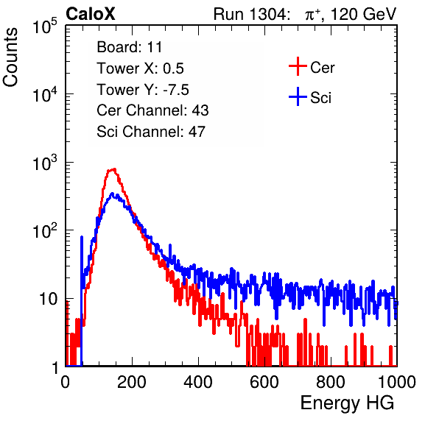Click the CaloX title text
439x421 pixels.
(x=91, y=13)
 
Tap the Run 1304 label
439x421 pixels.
(x=250, y=14)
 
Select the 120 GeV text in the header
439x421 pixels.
(x=363, y=14)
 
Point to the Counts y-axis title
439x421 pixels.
(x=10, y=57)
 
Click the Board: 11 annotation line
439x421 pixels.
(x=130, y=47)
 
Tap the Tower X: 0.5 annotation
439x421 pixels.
(x=140, y=68)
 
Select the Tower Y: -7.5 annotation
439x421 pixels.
(x=143, y=90)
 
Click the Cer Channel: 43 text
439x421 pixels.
(x=152, y=110)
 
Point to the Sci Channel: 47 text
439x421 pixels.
(x=151, y=132)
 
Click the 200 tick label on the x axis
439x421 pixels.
(x=132, y=382)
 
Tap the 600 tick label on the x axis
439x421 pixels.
(x=264, y=382)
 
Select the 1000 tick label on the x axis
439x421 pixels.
(x=397, y=382)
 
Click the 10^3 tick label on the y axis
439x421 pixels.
(x=44, y=163)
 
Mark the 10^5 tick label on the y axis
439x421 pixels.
(x=44, y=27)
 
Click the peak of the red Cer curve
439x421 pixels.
(x=113, y=169)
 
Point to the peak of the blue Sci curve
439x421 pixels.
(x=112, y=193)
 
